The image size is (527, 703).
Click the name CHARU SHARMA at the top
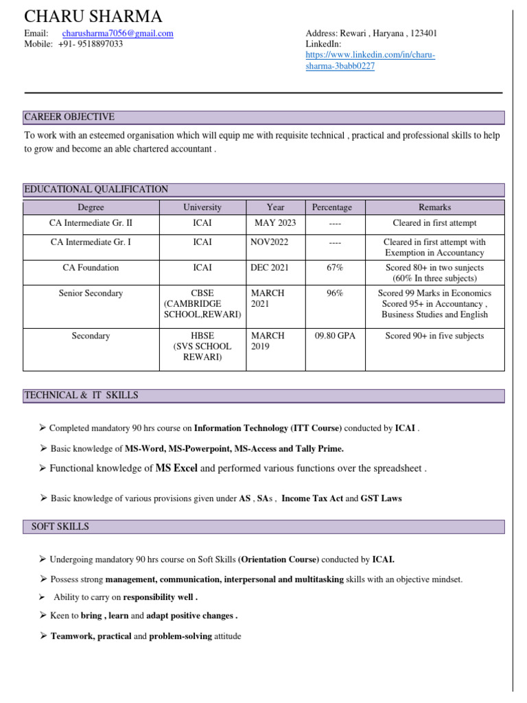(93, 16)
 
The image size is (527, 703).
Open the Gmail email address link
(117, 33)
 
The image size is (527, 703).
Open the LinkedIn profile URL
(370, 60)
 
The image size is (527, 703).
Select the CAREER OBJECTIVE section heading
(69, 117)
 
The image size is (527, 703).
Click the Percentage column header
(331, 207)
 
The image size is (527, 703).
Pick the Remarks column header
(434, 207)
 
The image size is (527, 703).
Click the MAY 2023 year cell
(275, 223)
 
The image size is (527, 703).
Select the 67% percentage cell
(335, 268)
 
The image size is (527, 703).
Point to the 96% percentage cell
(335, 293)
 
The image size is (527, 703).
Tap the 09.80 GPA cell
(335, 336)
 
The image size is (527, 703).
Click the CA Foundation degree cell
(91, 268)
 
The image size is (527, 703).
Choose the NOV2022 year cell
(270, 242)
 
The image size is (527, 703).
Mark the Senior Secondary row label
(91, 293)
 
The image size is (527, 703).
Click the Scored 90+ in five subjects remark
(434, 336)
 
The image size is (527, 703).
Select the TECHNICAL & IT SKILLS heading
(81, 395)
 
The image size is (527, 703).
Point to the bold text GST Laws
(381, 498)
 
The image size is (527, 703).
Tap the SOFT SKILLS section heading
(60, 527)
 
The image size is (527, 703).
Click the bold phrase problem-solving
(181, 636)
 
